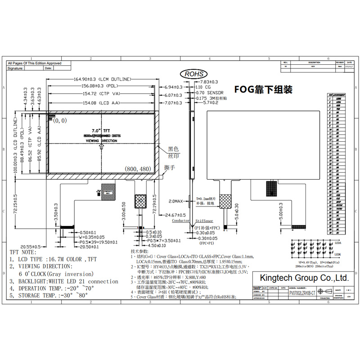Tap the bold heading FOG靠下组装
click(x=263, y=89)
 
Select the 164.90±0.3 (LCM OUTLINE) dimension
click(x=102, y=79)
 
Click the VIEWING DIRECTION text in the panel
click(x=101, y=140)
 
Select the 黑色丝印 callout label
click(x=173, y=152)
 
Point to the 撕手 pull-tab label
click(x=170, y=167)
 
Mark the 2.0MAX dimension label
click(x=176, y=201)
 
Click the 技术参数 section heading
click(x=139, y=251)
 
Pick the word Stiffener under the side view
click(x=205, y=221)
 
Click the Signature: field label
click(x=16, y=68)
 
